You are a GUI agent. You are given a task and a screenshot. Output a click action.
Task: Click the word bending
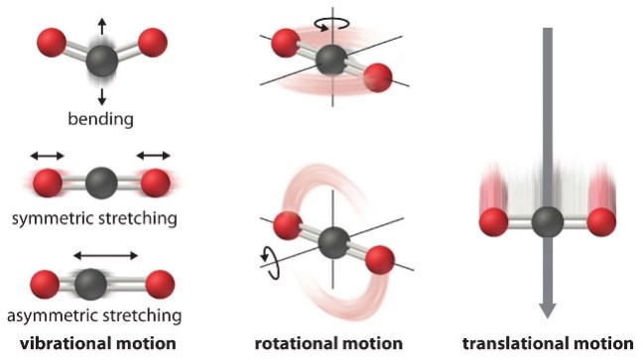coord(101,120)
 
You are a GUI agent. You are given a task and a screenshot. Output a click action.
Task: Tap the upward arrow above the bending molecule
coord(101,19)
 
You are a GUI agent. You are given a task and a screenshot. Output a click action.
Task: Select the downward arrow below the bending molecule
coord(101,94)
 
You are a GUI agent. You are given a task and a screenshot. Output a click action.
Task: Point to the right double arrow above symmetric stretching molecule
coord(155,155)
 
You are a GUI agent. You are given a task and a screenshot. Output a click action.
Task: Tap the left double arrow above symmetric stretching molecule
coord(46,155)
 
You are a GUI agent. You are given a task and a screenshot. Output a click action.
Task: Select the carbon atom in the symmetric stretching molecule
coord(99,182)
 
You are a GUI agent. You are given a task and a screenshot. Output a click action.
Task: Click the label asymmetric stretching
coord(102,315)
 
